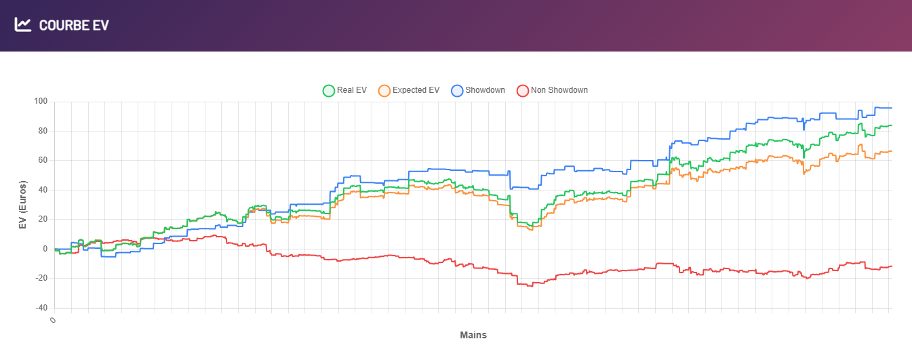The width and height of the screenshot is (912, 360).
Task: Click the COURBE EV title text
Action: pos(74,25)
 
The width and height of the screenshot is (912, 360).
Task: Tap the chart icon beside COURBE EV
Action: pos(23,25)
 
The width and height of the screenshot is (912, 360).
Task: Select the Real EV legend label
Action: pos(351,90)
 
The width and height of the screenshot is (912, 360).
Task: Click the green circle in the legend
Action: pos(328,90)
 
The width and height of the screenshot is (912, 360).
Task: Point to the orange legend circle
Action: pos(384,90)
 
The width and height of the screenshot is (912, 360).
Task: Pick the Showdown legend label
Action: pos(485,90)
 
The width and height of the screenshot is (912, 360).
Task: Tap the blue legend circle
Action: pos(457,90)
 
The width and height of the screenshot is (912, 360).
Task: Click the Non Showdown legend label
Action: pos(559,90)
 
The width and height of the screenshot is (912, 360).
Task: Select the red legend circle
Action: pos(522,90)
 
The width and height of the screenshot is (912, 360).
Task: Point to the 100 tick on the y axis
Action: pos(41,102)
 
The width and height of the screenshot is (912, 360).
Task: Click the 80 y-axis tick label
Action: pos(43,131)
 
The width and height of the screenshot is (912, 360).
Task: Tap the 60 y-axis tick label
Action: pos(43,161)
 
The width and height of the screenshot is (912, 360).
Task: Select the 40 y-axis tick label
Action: pos(43,190)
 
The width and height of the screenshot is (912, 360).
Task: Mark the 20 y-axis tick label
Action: pos(43,219)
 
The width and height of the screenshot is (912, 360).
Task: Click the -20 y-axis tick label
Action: pos(41,278)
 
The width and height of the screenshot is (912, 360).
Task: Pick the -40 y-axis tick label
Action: pos(41,308)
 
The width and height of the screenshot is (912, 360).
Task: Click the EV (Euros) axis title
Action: pos(22,205)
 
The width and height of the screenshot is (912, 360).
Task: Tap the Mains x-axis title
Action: pos(473,335)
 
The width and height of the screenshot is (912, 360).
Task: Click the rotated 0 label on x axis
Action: pos(52,319)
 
